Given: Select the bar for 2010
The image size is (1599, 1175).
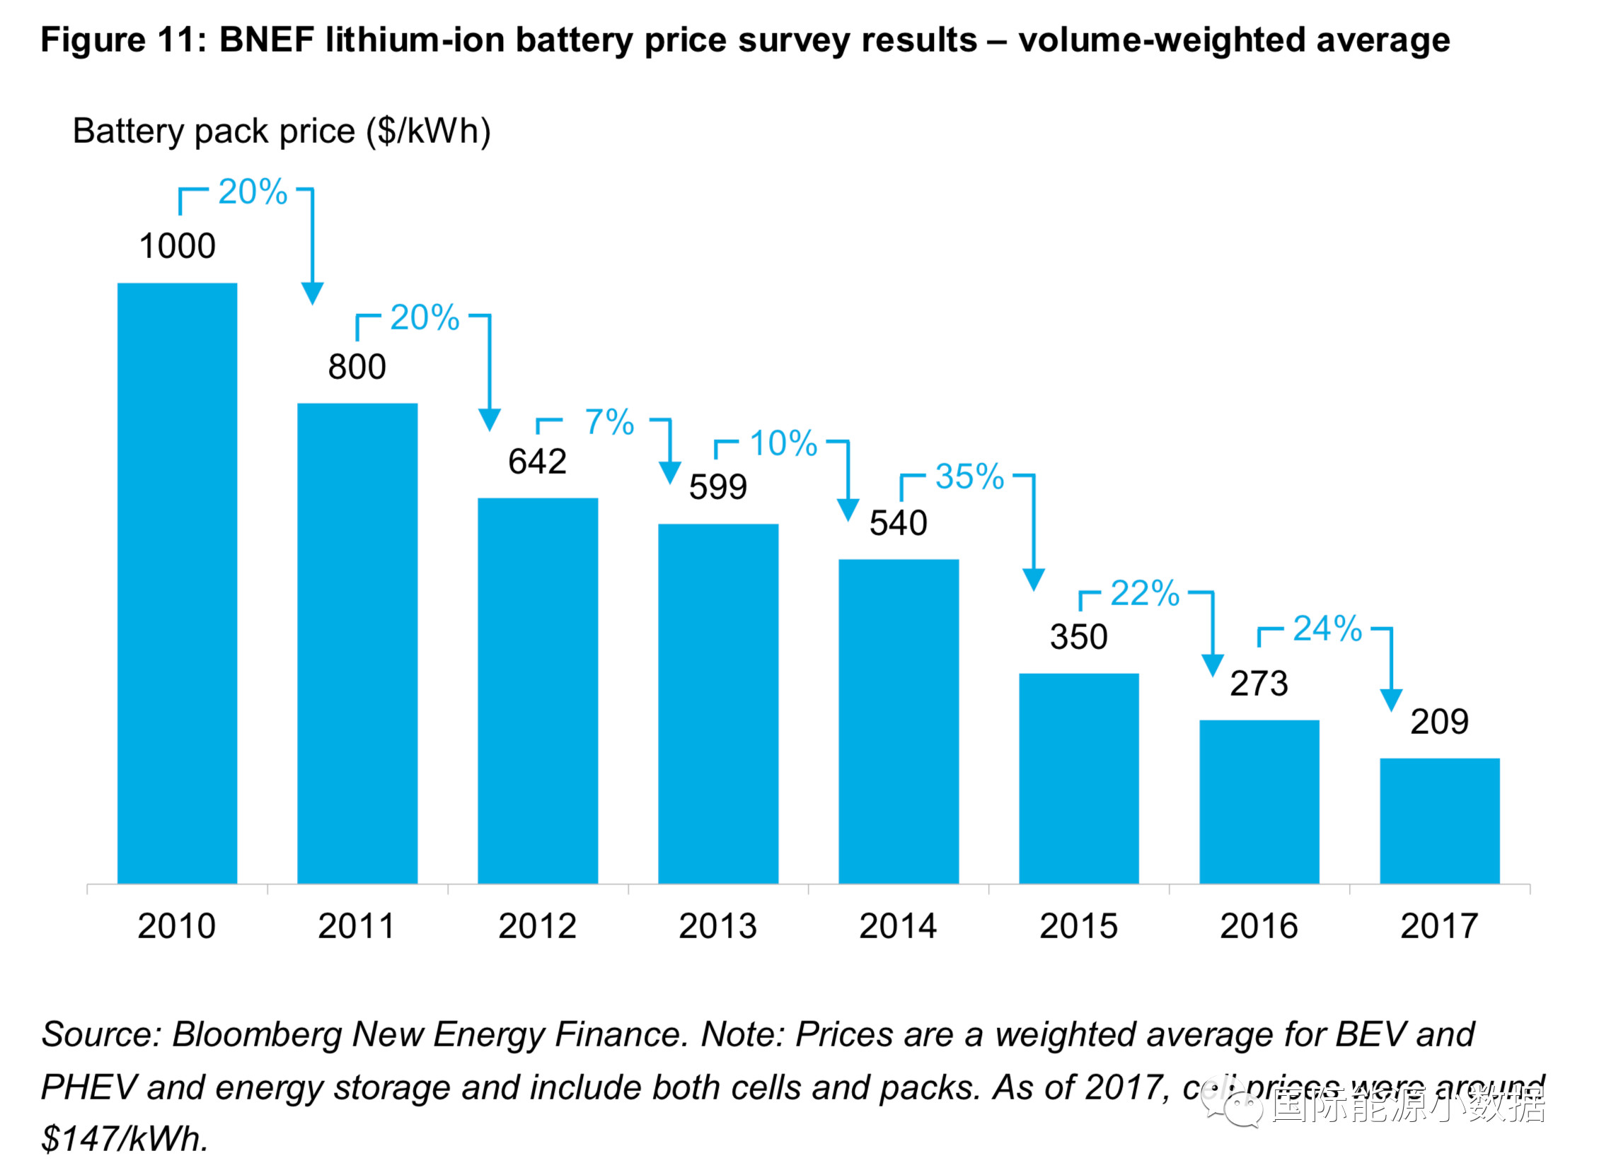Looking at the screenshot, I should click(x=177, y=583).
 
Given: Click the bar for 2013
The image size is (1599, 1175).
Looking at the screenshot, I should click(x=717, y=703).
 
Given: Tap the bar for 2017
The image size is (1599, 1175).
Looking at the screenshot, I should click(x=1439, y=821).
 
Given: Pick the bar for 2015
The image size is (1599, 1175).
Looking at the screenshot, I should click(x=1078, y=778).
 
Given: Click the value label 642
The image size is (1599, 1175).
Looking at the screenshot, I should click(x=537, y=462).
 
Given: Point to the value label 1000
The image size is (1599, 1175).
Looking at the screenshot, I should click(x=177, y=246).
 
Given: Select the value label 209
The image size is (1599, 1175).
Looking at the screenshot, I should click(x=1439, y=722).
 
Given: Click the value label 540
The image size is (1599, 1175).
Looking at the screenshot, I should click(x=898, y=523).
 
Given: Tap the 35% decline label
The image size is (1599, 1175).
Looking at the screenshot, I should click(x=969, y=477).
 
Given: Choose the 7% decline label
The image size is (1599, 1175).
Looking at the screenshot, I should click(x=609, y=423).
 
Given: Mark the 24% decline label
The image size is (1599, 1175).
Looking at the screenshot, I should click(x=1327, y=629).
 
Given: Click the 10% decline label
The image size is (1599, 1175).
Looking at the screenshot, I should click(x=783, y=444).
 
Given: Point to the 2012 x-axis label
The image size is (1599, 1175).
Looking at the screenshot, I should click(x=537, y=926).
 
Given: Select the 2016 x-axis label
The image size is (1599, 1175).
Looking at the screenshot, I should click(x=1259, y=926).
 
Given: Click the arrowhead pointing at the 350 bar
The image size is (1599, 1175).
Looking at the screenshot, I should click(x=1033, y=579).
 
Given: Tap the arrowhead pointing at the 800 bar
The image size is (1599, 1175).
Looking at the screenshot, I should click(x=313, y=292).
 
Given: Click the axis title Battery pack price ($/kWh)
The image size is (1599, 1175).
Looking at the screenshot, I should click(x=282, y=131).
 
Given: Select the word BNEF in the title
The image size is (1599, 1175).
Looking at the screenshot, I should click(x=267, y=40).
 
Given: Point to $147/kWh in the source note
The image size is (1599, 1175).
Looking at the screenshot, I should click(x=125, y=1139).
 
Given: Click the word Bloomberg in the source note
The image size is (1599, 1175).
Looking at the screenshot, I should click(x=257, y=1035).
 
